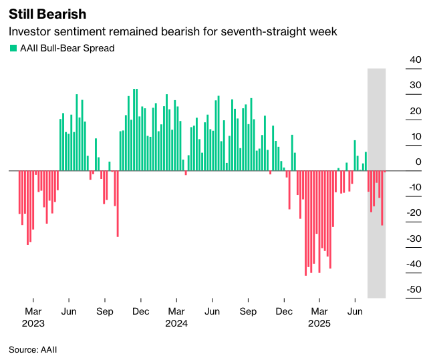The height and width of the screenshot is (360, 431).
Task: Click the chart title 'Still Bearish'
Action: pyautogui.click(x=47, y=13)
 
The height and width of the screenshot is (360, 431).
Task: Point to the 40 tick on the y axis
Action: pyautogui.click(x=416, y=60)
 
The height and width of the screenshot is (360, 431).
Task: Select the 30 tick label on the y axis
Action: pyautogui.click(x=416, y=85)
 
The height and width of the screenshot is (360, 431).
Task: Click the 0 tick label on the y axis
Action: pyautogui.click(x=418, y=162)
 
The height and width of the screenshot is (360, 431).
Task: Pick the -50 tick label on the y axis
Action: pyautogui.click(x=414, y=290)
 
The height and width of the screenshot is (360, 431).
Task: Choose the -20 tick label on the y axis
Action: pyautogui.click(x=414, y=213)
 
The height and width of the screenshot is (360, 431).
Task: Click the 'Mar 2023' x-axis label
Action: pyautogui.click(x=33, y=317)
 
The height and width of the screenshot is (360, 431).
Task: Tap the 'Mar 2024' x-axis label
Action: pyautogui.click(x=176, y=317)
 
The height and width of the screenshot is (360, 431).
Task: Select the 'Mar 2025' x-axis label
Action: pyautogui.click(x=319, y=317)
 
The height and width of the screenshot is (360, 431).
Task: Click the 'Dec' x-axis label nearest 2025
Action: pyautogui.click(x=284, y=311)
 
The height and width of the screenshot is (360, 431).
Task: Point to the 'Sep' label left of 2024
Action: pyautogui.click(x=104, y=311)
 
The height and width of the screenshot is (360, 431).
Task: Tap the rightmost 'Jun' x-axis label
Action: pyautogui.click(x=355, y=311)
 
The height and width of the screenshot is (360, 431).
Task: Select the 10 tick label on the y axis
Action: pyautogui.click(x=416, y=137)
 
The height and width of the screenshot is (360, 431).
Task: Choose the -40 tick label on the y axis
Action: pyautogui.click(x=414, y=264)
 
